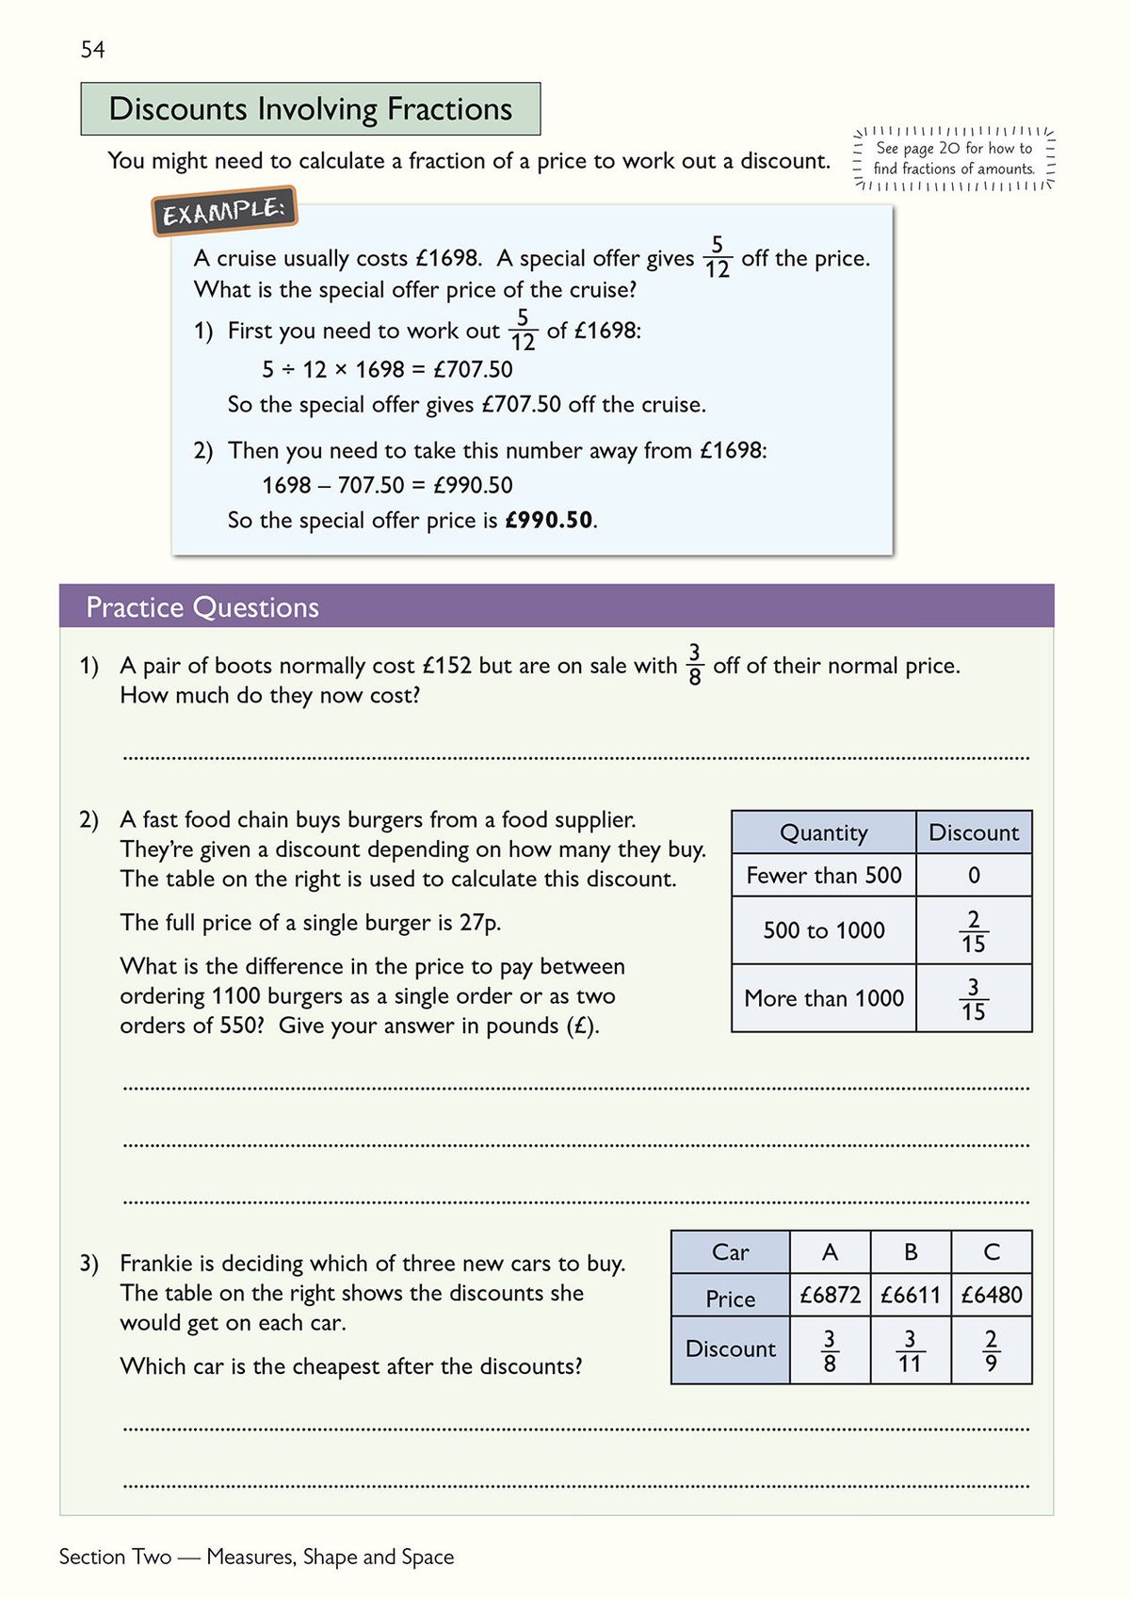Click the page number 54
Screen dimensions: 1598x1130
click(x=92, y=50)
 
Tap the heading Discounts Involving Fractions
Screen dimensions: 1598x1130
click(x=310, y=109)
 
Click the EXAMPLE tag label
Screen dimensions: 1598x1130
click(x=224, y=211)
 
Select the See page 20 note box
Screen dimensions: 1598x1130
click(x=953, y=158)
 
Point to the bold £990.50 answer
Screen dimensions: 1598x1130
click(x=549, y=520)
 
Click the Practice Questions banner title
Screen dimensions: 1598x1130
click(x=202, y=607)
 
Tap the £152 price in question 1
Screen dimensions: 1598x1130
click(x=446, y=666)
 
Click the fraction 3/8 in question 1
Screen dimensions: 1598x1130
click(x=695, y=664)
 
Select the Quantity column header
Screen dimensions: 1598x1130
click(x=823, y=832)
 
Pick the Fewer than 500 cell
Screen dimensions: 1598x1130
click(x=823, y=876)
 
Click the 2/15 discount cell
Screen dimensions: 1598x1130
click(x=973, y=930)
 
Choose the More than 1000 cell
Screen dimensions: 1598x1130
click(x=823, y=998)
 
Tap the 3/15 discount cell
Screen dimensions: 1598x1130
click(x=973, y=999)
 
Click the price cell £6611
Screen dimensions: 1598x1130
click(x=910, y=1295)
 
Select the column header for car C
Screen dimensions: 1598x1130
click(x=991, y=1252)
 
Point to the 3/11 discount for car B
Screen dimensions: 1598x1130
click(x=910, y=1350)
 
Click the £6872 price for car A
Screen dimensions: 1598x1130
click(x=830, y=1295)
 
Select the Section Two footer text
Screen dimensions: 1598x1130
click(x=256, y=1558)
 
